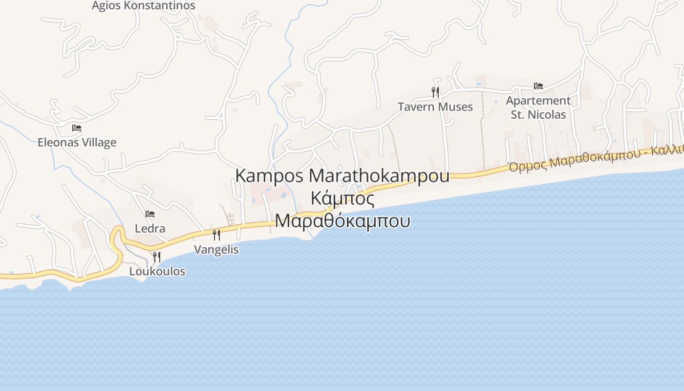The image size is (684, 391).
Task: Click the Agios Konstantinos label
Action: pyautogui.click(x=144, y=6)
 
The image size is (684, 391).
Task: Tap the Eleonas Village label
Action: pyautogui.click(x=77, y=143)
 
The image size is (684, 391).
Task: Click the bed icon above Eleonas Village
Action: pyautogui.click(x=77, y=128)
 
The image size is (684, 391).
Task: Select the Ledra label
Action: pyautogui.click(x=150, y=229)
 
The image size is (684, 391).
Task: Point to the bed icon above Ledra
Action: pyautogui.click(x=150, y=214)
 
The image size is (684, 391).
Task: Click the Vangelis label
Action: pyautogui.click(x=216, y=250)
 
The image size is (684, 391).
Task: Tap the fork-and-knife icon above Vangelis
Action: pyautogui.click(x=216, y=235)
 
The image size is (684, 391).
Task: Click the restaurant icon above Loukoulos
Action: pyautogui.click(x=157, y=257)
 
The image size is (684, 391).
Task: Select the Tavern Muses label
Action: pyautogui.click(x=435, y=107)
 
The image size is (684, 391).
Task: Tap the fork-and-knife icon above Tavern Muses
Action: pyautogui.click(x=435, y=92)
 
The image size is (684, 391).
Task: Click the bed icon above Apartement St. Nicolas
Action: pyautogui.click(x=538, y=86)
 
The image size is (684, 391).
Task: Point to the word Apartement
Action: pyautogui.click(x=538, y=101)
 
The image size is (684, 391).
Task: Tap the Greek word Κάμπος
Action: pyautogui.click(x=342, y=199)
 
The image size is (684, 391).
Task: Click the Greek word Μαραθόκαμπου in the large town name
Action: pyautogui.click(x=342, y=221)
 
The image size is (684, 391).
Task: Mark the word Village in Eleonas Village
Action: pyautogui.click(x=99, y=143)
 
